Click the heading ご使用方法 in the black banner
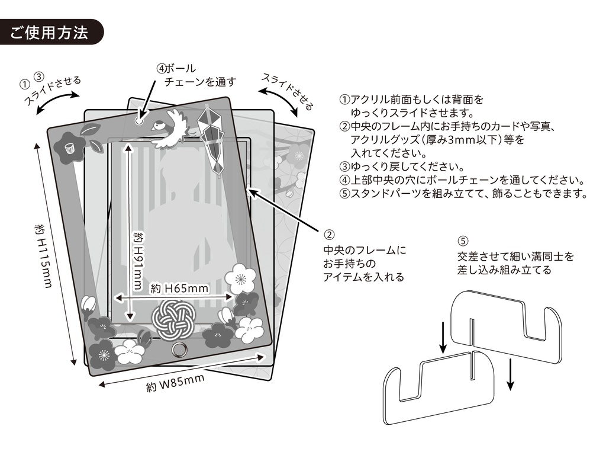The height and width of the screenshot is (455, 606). coord(50,32)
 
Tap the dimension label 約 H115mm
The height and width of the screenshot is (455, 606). coord(42,255)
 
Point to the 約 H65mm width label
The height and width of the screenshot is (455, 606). coord(179,289)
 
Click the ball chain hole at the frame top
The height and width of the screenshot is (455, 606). coord(140,120)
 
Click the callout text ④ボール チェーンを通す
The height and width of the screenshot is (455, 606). coord(195,75)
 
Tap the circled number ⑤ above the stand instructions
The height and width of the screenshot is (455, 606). coord(463,241)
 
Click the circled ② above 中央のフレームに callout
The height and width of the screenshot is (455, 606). coord(330,234)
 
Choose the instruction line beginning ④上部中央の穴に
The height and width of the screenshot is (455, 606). coord(462,180)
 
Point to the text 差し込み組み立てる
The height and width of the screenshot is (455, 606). coord(504,270)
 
